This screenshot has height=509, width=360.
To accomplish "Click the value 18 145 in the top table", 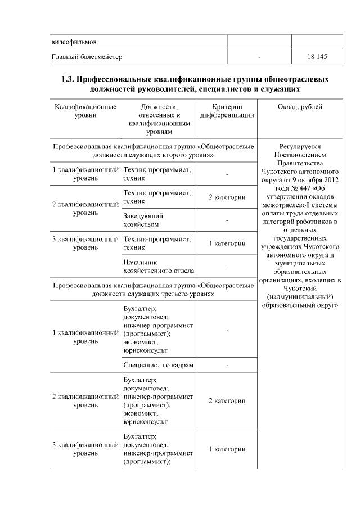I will click(x=317, y=57).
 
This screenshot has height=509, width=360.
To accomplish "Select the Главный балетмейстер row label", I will click(x=87, y=57).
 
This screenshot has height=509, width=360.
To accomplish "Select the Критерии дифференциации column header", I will click(x=227, y=111).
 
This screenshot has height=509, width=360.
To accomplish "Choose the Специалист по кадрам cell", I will click(x=158, y=366).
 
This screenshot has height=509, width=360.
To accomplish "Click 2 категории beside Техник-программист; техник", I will click(x=227, y=197).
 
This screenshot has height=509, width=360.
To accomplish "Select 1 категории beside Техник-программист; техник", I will click(x=227, y=243).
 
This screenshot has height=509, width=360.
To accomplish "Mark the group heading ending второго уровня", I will click(x=153, y=150).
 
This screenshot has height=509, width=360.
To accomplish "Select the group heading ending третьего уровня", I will click(x=153, y=290).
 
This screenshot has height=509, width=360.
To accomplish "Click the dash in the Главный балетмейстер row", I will click(x=259, y=57).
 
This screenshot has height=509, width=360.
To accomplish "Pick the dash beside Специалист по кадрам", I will click(x=227, y=366).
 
